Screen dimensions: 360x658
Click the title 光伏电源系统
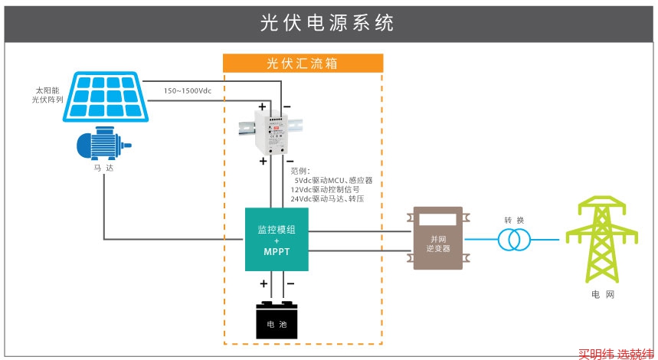point(328,23)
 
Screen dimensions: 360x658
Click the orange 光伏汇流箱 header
point(303,64)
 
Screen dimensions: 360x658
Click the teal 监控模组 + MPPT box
point(277,239)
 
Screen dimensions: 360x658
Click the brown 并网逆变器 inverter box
point(437,238)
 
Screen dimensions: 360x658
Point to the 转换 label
point(514,221)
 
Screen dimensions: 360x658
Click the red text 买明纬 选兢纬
point(616,354)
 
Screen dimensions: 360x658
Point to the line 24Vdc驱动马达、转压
point(327,199)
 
